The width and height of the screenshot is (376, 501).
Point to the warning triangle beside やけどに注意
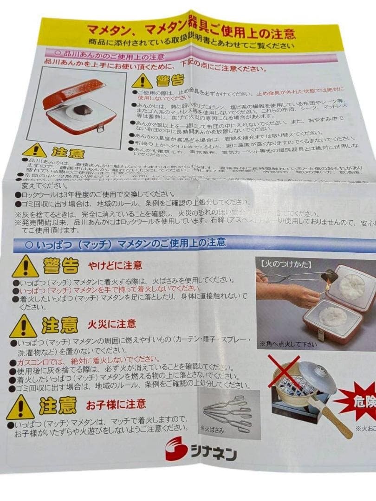pos(25,268)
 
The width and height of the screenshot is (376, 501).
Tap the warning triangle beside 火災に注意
pos(23,327)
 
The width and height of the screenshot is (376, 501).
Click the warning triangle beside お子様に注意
pos(20,408)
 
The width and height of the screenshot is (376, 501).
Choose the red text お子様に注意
pos(116,404)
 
